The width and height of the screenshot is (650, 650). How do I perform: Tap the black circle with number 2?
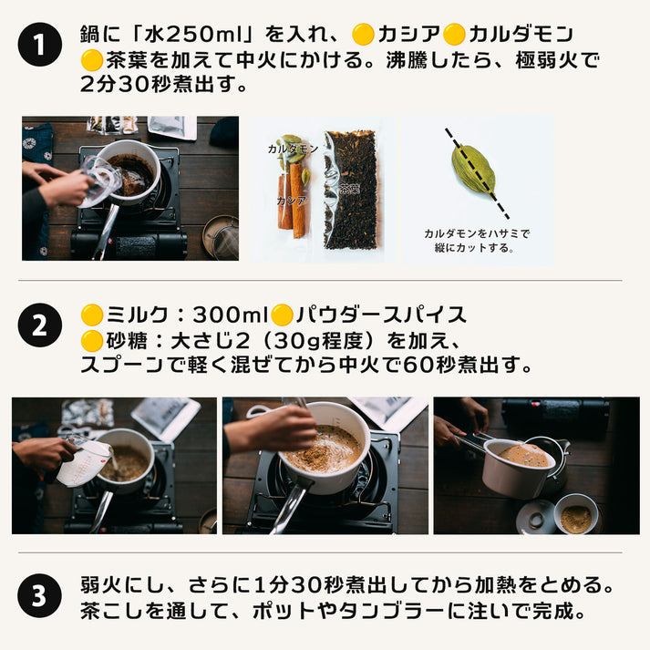click(x=39, y=326)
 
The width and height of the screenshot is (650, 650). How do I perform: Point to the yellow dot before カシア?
click(x=363, y=36)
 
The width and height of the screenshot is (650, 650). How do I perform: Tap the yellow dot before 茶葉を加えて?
click(x=91, y=61)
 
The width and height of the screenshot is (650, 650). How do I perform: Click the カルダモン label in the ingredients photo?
click(x=293, y=148)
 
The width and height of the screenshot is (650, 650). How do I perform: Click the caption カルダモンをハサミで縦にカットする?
click(x=477, y=240)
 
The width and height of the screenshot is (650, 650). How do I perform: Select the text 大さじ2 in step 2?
click(x=220, y=341)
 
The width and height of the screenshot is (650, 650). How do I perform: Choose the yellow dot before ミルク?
click(x=91, y=315)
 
